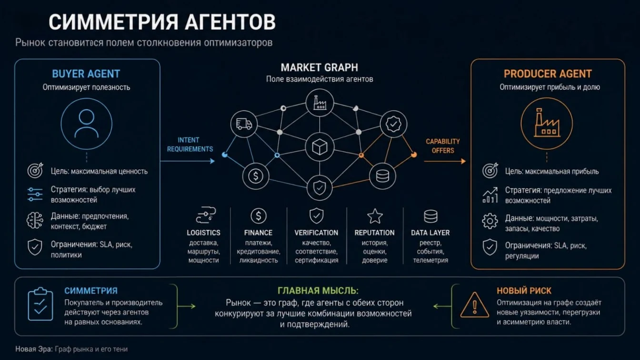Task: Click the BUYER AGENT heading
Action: (x=86, y=74)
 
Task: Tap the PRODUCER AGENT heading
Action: (x=548, y=74)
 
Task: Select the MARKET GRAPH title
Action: (x=319, y=68)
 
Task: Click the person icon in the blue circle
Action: (x=87, y=124)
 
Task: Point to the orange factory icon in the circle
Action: (x=547, y=123)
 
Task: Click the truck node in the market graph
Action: (x=244, y=124)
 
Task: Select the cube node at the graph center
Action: (x=320, y=147)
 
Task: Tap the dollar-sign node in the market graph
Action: (x=256, y=176)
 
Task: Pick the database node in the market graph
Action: (x=382, y=176)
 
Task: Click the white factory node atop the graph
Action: (x=320, y=103)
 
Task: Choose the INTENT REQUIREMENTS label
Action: (x=190, y=145)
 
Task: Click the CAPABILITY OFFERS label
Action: (x=443, y=146)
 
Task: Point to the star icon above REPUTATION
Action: (x=375, y=216)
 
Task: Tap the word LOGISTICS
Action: (x=203, y=232)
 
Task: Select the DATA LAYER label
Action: (x=430, y=232)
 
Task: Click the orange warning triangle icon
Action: (x=475, y=305)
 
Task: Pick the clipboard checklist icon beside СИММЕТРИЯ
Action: (x=40, y=304)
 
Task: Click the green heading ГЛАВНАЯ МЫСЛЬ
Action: (x=318, y=291)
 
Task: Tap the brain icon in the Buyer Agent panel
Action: (x=35, y=220)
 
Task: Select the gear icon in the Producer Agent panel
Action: (x=490, y=221)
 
